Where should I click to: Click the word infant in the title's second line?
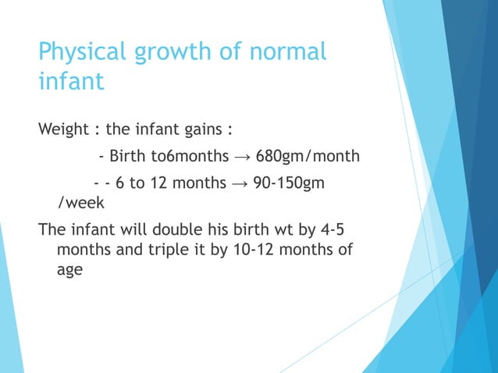coord(71,81)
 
